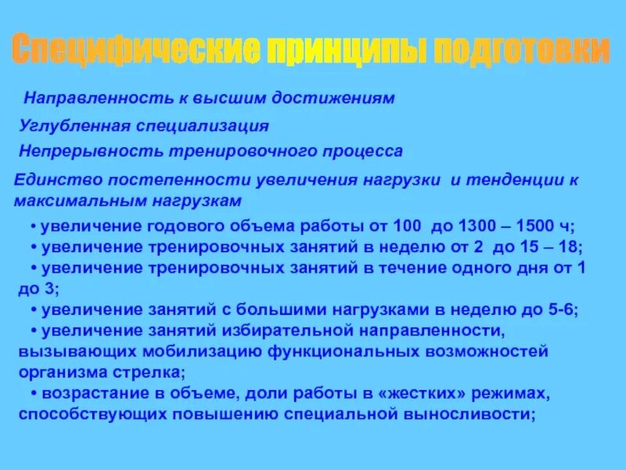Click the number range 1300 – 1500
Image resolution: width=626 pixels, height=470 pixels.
coord(505,227)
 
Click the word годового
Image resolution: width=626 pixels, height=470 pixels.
coord(182,227)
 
